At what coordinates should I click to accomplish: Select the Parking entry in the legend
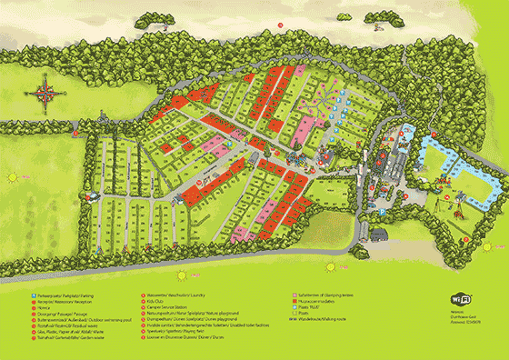point(55,294)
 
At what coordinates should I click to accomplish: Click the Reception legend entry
point(55,300)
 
